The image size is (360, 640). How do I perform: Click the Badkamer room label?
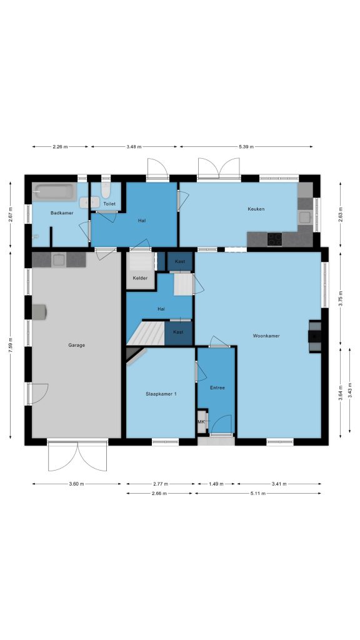click(62, 212)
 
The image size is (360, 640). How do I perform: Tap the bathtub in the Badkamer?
click(55, 192)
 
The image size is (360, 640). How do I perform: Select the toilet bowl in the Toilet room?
click(106, 190)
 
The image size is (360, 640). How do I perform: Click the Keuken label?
click(256, 209)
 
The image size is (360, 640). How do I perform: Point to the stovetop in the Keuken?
click(275, 239)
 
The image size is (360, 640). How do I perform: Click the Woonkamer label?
click(266, 336)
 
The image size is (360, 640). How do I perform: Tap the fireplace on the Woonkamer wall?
click(315, 336)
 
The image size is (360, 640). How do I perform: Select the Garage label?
click(77, 345)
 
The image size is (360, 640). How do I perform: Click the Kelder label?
click(140, 278)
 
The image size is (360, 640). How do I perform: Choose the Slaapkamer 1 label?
click(161, 394)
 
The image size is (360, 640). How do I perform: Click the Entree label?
click(217, 387)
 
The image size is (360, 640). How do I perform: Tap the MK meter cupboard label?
click(201, 422)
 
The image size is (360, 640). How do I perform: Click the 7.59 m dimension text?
click(11, 345)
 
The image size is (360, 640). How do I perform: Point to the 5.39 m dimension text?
click(246, 146)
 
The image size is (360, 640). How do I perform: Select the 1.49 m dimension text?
click(216, 484)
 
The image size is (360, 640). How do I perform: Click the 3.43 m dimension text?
click(350, 391)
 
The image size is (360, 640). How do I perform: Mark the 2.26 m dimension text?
click(60, 146)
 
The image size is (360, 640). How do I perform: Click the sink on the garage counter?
click(59, 259)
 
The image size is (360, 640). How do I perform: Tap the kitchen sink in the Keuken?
click(305, 217)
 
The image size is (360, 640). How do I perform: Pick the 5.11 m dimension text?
click(258, 494)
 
